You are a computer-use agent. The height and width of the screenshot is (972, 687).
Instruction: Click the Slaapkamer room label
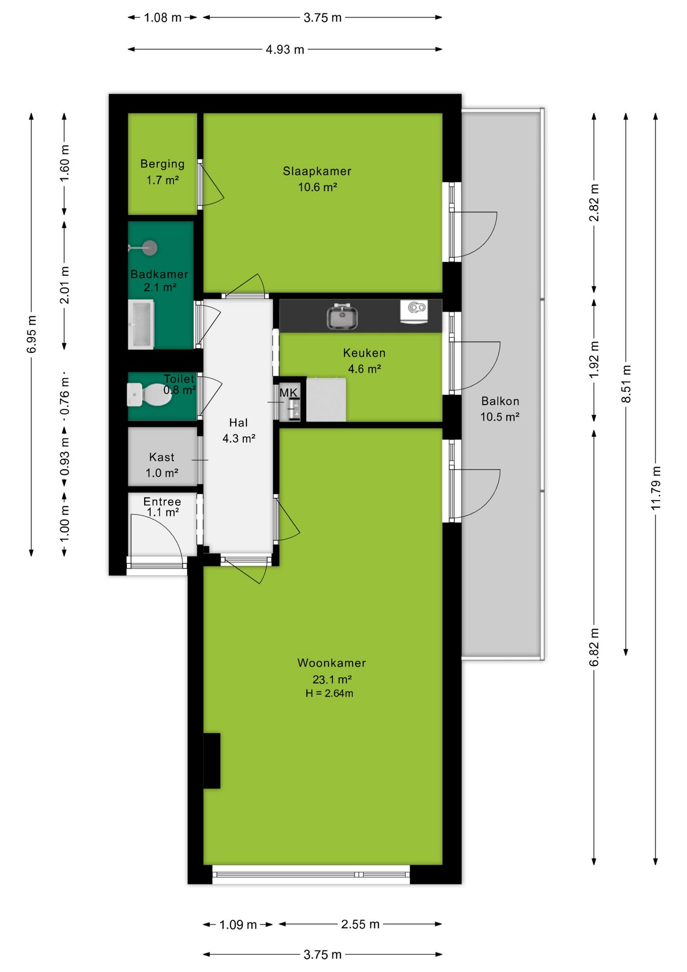tap(317, 171)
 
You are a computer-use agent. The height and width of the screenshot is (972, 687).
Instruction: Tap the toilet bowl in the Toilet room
tap(150, 394)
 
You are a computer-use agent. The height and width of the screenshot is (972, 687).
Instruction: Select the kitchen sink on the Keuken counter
tap(342, 316)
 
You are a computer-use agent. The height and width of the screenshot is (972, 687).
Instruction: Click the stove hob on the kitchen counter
tap(414, 310)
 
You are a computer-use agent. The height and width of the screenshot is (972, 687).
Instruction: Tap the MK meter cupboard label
tap(288, 393)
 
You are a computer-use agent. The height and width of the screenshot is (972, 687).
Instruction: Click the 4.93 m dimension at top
tap(285, 50)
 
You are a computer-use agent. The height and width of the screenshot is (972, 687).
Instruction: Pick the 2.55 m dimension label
tap(360, 924)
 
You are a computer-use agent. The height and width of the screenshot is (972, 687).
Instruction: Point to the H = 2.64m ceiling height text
tap(329, 693)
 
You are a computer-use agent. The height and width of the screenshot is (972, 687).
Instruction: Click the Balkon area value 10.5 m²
tap(500, 417)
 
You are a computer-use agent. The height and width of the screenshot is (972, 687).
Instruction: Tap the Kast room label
tap(162, 457)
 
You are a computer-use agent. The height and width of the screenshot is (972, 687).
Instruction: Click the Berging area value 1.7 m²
tap(162, 180)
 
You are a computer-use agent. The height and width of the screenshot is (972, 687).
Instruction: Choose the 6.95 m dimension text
tap(31, 334)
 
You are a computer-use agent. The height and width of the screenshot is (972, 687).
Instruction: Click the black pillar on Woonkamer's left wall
tap(212, 760)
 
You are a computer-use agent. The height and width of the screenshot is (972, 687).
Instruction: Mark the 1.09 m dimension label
tap(238, 925)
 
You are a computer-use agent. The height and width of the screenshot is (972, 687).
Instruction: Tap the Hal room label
tap(239, 423)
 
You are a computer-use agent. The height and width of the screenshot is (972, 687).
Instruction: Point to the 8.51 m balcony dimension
tap(626, 384)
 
